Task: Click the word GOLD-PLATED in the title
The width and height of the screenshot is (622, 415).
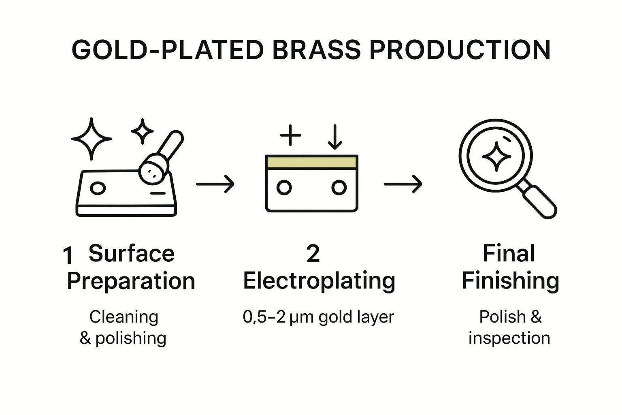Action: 167,50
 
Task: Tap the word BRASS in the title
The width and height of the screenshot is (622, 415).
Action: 316,50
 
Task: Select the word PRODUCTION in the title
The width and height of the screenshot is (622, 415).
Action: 460,50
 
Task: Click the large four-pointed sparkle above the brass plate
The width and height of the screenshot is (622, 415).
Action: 92,139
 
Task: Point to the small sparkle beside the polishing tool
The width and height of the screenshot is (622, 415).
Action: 143,131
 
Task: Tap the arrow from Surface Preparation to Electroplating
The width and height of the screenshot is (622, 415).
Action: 215,184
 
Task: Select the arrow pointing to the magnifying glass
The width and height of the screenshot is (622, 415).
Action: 403,184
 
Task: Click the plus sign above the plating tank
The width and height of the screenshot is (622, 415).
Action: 291,135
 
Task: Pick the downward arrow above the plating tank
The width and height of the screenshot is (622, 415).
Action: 335,137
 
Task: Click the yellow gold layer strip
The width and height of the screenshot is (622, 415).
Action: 311,162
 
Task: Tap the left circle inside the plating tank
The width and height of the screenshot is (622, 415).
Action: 284,188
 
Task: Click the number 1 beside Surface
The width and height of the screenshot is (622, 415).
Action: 68,256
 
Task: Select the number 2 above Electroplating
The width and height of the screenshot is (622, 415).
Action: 313,254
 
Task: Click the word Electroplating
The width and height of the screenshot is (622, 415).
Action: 319,281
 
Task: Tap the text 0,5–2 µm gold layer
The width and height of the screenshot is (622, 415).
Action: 318,317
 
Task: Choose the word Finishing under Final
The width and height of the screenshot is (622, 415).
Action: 510,281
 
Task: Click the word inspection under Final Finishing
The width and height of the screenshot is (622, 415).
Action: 509,338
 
